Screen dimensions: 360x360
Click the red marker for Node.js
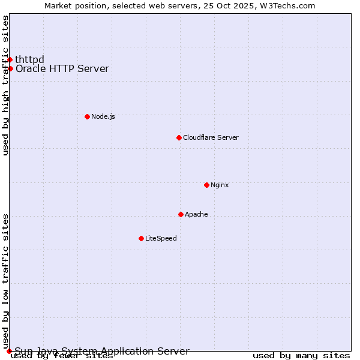(87, 116)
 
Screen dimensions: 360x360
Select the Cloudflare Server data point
(179, 137)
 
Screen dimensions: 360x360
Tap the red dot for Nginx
(206, 185)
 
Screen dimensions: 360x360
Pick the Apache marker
(181, 214)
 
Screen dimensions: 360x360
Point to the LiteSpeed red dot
(141, 238)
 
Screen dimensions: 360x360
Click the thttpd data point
(10, 59)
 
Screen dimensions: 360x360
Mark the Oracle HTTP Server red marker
(10, 68)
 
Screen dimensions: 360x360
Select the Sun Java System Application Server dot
(9, 351)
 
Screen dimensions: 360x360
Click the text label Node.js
(103, 116)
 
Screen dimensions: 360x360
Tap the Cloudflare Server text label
(211, 137)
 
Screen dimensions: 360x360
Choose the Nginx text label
(220, 185)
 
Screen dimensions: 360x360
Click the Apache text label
(196, 214)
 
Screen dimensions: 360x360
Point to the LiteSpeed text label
(161, 238)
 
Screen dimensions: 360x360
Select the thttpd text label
(30, 59)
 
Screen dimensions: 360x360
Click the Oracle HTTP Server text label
(62, 68)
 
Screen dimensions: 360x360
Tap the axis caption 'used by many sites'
(301, 356)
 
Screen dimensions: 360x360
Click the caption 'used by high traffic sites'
(6, 85)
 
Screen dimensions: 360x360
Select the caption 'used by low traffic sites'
(6, 281)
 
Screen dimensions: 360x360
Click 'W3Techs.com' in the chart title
(292, 5)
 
